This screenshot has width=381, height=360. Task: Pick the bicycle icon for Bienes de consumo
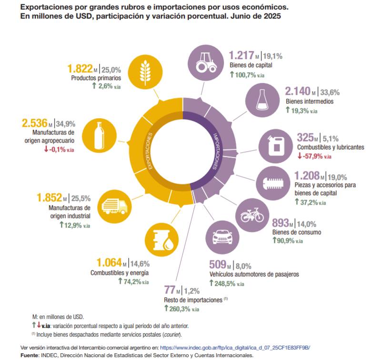coord(251,215)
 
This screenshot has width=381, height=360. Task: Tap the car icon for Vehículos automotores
coord(221,237)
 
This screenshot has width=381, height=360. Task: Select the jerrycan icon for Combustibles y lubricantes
coord(274,146)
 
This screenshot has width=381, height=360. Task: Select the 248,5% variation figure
coord(223,283)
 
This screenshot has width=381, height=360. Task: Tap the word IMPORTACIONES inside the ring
coord(215,151)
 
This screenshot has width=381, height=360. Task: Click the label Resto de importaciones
coord(193,300)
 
